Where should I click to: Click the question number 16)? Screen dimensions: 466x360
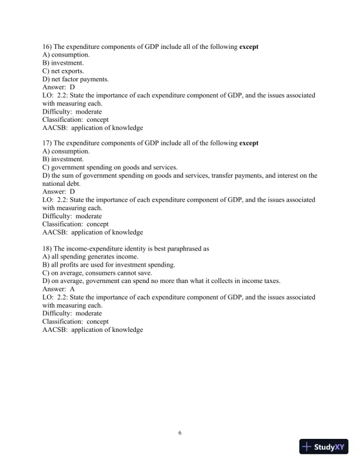(x=48, y=46)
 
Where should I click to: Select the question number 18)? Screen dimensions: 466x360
(x=48, y=248)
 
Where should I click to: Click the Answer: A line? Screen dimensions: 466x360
(x=58, y=289)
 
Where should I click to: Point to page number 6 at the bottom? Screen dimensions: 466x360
(x=180, y=433)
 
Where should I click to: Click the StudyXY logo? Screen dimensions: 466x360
(x=323, y=447)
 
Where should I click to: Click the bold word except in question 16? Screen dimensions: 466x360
(x=249, y=46)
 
